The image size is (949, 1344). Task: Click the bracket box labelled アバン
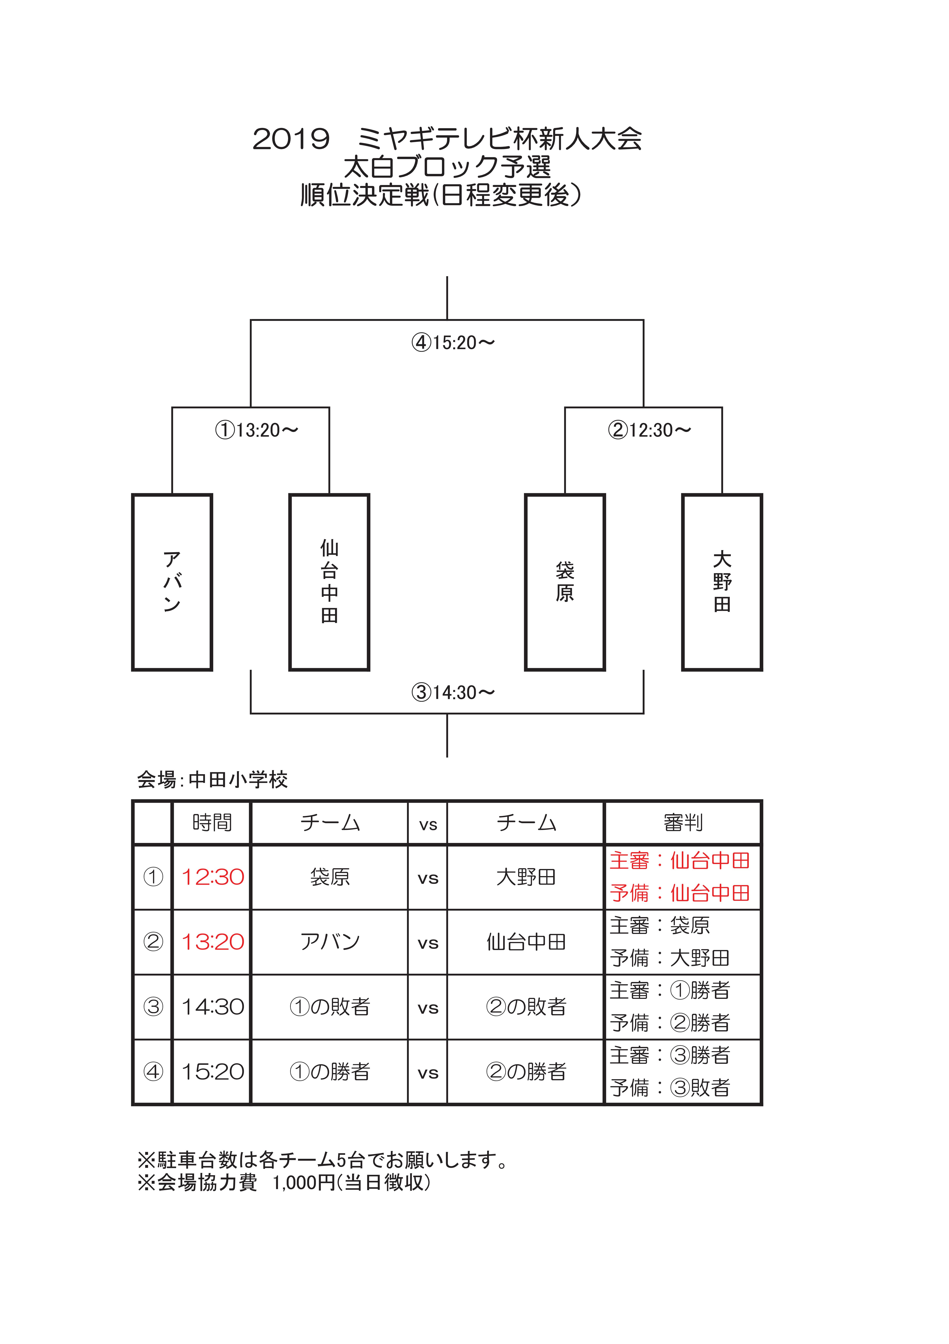[172, 582]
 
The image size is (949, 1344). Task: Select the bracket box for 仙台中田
[329, 582]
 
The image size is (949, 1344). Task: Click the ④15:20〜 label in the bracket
[453, 342]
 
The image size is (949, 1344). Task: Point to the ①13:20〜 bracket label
[257, 430]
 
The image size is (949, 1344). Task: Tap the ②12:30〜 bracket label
[650, 430]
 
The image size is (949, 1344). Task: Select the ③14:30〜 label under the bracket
[453, 692]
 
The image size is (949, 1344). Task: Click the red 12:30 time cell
[212, 877]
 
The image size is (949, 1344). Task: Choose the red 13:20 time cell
[212, 942]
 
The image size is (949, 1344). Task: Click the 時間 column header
[212, 822]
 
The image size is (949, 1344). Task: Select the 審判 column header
[683, 822]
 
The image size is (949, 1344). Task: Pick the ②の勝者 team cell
[526, 1072]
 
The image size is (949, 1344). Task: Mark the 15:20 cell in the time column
[212, 1072]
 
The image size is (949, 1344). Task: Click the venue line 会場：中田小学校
[212, 780]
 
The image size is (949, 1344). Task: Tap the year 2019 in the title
[291, 139]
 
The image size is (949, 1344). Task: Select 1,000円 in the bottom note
[304, 1182]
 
